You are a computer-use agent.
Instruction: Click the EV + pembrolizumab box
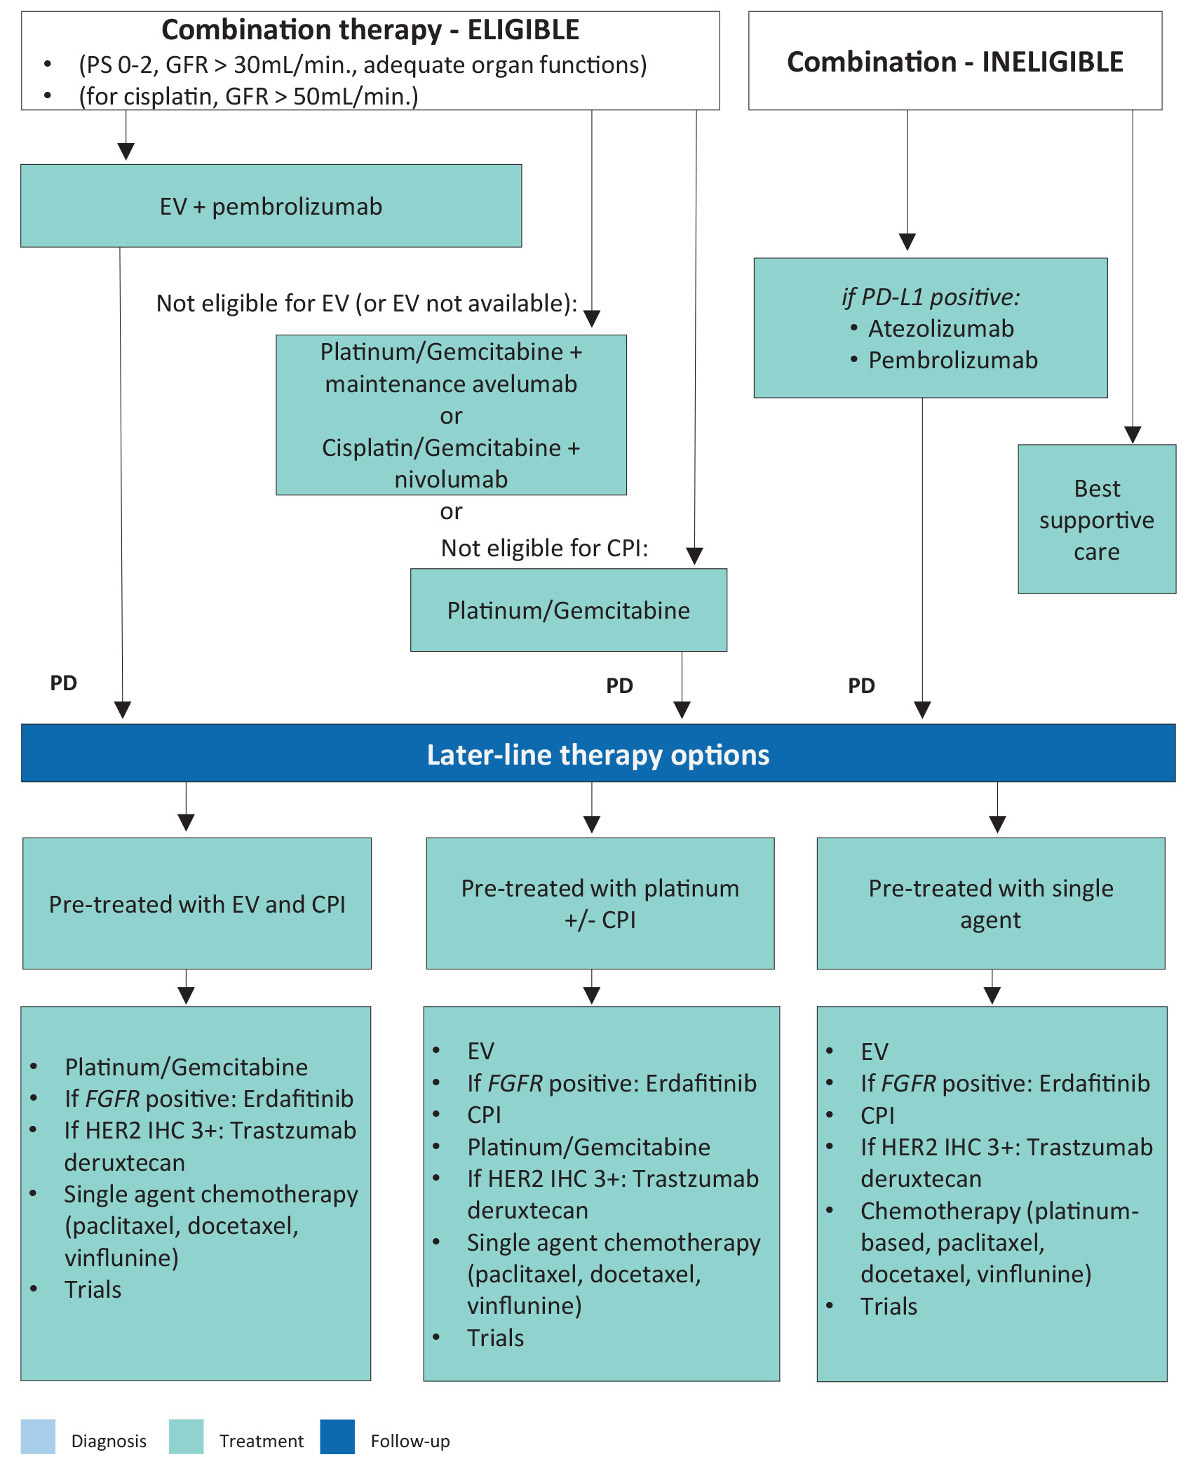pyautogui.click(x=271, y=206)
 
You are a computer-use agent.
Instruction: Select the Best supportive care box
pyautogui.click(x=1096, y=519)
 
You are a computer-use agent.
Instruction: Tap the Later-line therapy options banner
pyautogui.click(x=597, y=753)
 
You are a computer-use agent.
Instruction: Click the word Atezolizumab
pyautogui.click(x=940, y=328)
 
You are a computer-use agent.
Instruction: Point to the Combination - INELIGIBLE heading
pyautogui.click(x=954, y=62)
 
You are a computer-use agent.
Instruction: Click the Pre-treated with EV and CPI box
pyautogui.click(x=197, y=904)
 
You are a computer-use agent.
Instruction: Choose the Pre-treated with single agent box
pyautogui.click(x=990, y=904)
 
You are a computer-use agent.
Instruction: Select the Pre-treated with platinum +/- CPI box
pyautogui.click(x=600, y=904)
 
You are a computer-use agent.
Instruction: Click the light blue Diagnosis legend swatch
pyautogui.click(x=38, y=1436)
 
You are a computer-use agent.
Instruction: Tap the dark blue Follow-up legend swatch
pyautogui.click(x=337, y=1436)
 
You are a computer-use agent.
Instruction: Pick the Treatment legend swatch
pyautogui.click(x=187, y=1436)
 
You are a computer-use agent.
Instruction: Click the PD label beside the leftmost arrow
pyautogui.click(x=63, y=683)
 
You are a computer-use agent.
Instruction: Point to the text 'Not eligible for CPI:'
pyautogui.click(x=544, y=548)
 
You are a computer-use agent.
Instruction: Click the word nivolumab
pyautogui.click(x=451, y=479)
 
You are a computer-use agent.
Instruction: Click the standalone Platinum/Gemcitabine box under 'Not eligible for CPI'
pyautogui.click(x=568, y=610)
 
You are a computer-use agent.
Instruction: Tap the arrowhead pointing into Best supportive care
pyautogui.click(x=1133, y=435)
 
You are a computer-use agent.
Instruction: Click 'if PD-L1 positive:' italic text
pyautogui.click(x=931, y=297)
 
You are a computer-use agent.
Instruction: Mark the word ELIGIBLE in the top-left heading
pyautogui.click(x=523, y=30)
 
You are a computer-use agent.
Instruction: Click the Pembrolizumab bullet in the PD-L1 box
pyautogui.click(x=952, y=360)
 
